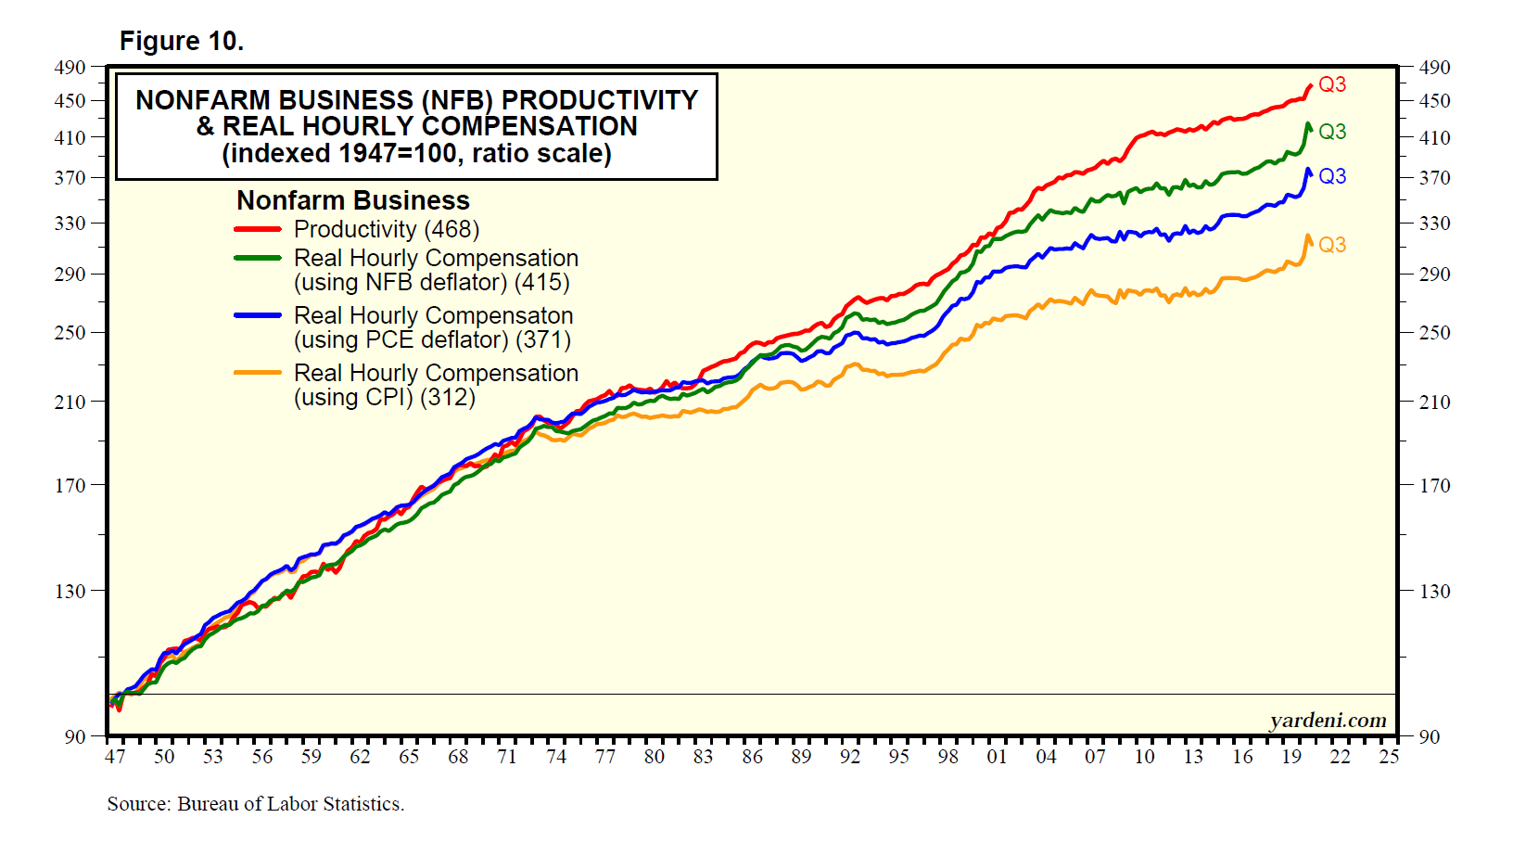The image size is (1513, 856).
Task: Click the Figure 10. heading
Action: (x=182, y=42)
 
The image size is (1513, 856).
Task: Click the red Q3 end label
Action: (x=1331, y=84)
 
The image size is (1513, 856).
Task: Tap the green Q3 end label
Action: (x=1331, y=132)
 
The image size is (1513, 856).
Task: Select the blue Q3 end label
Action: (x=1331, y=176)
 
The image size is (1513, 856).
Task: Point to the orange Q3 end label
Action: (x=1331, y=245)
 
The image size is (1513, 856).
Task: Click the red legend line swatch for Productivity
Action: (x=258, y=229)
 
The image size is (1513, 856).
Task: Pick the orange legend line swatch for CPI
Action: (x=258, y=373)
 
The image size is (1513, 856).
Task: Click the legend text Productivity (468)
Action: (x=386, y=229)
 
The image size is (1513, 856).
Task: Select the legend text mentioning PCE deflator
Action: (x=433, y=328)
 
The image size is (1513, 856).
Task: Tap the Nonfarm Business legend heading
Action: (x=353, y=200)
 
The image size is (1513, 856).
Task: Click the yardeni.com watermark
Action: (x=1328, y=721)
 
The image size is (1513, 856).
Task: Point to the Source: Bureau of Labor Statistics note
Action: (x=256, y=804)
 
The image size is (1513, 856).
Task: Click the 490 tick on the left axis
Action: (x=70, y=68)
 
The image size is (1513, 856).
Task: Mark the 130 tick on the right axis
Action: (x=1434, y=591)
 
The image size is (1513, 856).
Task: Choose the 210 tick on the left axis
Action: (x=70, y=402)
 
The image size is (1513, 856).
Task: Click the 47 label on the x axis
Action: (x=115, y=757)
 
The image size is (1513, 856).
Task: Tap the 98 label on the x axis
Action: (x=947, y=757)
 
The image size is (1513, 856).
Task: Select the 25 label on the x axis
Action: (x=1388, y=757)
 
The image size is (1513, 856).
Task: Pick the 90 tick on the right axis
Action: (x=1430, y=736)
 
